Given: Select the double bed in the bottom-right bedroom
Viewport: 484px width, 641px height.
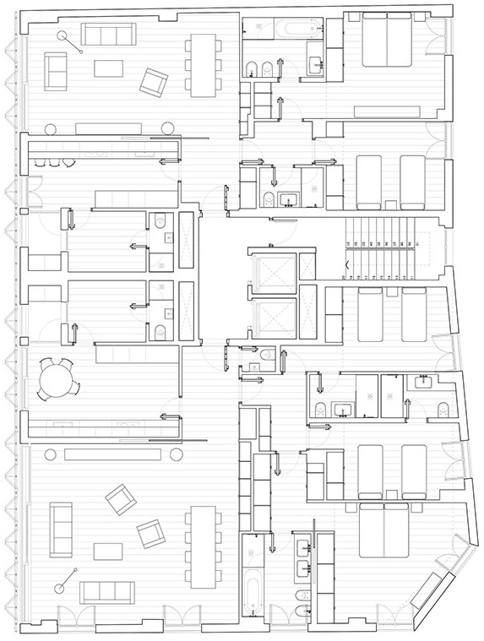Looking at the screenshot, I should (x=384, y=530).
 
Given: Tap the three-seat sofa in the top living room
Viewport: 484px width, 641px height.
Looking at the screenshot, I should (x=108, y=35).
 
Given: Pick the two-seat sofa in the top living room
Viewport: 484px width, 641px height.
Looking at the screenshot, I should (x=57, y=71).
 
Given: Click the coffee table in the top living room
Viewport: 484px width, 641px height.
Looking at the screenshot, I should (x=108, y=68).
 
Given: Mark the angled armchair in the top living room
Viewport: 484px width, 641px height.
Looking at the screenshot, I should (x=154, y=82).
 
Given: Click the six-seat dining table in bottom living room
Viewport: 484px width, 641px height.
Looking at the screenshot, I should (x=203, y=546).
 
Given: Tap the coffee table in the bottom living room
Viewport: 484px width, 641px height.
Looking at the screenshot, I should (x=108, y=551).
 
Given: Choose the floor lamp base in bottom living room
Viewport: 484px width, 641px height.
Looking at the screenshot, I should (x=61, y=588).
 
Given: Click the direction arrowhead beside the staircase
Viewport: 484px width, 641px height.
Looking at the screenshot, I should (x=345, y=265).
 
